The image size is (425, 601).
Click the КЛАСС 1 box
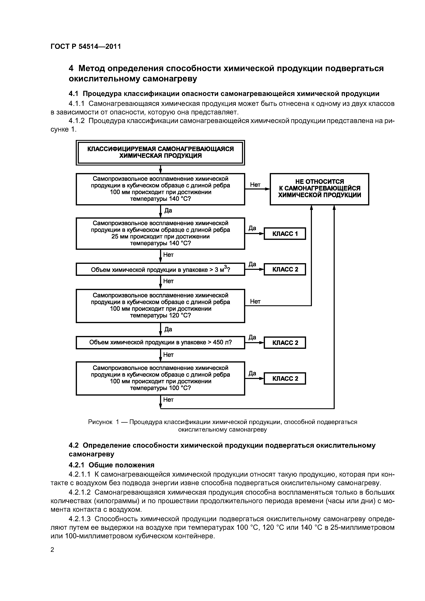tap(285, 234)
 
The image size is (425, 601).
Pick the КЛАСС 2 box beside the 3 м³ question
tap(285, 269)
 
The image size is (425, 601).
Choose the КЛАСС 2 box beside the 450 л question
tap(285, 343)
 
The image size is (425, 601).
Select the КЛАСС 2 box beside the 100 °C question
tap(285, 378)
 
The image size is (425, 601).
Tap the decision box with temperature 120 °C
tap(160, 305)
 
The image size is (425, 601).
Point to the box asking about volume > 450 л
tap(160, 342)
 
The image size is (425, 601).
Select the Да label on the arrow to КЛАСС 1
tap(252, 228)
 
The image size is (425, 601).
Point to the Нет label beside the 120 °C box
tap(255, 302)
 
